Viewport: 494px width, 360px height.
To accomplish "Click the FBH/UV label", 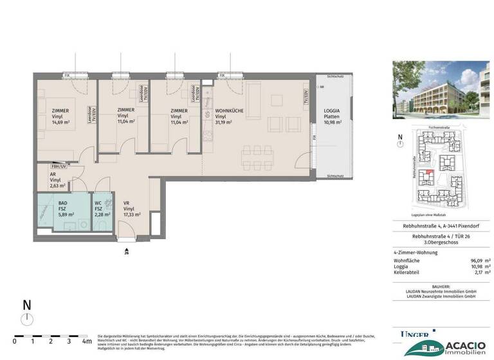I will (x=59, y=166).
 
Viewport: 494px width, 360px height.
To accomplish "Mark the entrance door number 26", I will (x=127, y=252).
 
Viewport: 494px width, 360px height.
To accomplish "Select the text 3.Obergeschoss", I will (x=441, y=242).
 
